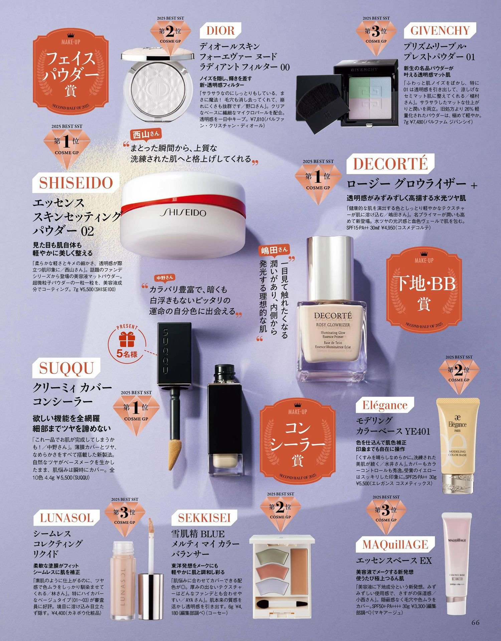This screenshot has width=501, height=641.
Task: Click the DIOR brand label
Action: pos(220,30)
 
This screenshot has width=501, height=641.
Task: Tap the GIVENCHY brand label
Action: pos(440,30)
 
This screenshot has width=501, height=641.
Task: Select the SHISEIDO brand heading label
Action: pos(76,183)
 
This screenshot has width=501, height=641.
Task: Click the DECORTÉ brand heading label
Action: pos(390,164)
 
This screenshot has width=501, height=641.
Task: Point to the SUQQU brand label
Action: pos(66,368)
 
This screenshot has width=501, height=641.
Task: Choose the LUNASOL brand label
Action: pos(66,518)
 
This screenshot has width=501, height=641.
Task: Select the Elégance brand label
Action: pos(385,405)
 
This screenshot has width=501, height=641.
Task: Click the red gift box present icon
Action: pos(126,339)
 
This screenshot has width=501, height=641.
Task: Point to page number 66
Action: pos(476,622)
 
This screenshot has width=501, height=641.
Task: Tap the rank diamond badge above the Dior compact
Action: pos(170,36)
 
